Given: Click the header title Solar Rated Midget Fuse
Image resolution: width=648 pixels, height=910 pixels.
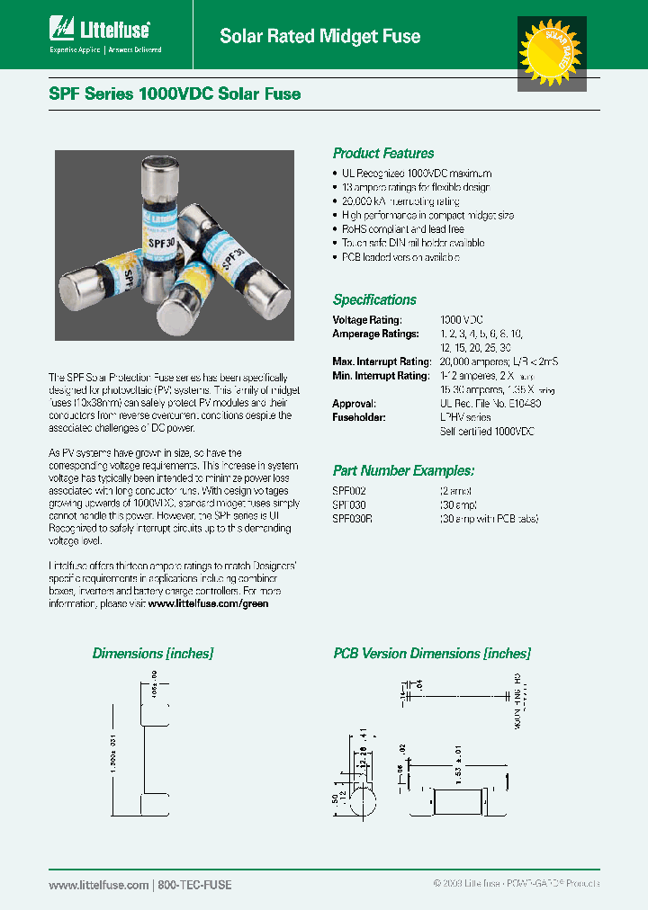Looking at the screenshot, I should click(320, 37).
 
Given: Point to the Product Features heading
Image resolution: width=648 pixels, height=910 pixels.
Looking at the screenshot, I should click(383, 154).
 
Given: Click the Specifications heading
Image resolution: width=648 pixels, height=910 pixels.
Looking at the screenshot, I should click(374, 300).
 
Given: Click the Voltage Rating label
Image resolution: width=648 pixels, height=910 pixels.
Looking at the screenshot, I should click(367, 320).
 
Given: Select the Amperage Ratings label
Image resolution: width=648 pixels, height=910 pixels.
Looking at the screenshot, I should click(375, 334).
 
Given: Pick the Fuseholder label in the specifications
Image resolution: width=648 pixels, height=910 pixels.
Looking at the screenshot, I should click(359, 418).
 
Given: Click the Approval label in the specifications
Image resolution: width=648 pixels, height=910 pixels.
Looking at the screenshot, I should click(354, 404).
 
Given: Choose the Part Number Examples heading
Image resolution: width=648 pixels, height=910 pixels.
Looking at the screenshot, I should click(403, 470).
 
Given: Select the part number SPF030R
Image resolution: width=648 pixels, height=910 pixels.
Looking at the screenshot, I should click(352, 518).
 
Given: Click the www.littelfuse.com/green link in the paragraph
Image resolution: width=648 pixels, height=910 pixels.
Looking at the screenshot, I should click(208, 604).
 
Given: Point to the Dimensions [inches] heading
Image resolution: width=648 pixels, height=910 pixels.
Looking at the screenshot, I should click(152, 654).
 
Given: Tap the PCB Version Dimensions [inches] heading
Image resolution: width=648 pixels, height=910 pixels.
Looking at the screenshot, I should click(432, 654).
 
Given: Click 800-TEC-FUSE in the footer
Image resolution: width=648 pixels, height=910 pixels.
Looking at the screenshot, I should click(194, 885).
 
